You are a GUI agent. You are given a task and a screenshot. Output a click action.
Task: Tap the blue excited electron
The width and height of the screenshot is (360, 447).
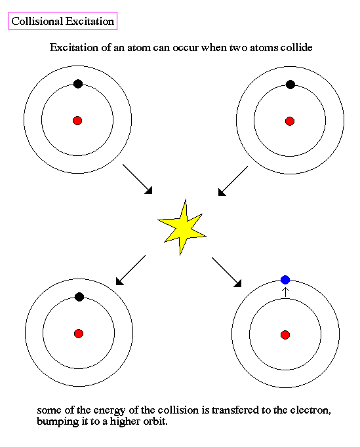(285, 280)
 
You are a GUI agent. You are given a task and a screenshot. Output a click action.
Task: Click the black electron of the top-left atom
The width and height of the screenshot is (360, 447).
(78, 84)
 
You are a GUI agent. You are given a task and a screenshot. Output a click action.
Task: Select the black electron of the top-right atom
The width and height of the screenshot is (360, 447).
(290, 85)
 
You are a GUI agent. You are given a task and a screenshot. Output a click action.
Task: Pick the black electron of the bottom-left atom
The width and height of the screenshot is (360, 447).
(79, 297)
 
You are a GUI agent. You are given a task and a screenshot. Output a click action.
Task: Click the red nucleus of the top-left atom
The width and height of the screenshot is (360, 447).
(77, 121)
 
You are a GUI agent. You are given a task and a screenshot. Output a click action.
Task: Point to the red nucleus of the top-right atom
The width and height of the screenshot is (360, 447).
(290, 121)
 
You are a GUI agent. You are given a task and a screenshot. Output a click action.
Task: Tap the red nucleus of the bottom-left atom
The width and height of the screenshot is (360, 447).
(79, 334)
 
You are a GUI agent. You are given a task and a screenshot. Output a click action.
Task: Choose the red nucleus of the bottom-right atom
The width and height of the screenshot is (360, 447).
(285, 335)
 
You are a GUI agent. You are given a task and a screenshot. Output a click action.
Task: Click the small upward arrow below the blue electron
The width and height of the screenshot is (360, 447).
(285, 292)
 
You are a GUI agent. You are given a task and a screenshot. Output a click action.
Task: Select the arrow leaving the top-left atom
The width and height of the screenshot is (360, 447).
(138, 179)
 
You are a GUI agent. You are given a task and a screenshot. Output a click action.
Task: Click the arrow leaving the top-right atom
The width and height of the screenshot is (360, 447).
(233, 181)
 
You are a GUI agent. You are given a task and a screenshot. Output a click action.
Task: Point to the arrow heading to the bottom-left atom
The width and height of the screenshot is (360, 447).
(130, 270)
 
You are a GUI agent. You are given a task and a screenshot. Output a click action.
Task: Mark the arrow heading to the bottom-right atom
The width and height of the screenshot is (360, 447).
(226, 272)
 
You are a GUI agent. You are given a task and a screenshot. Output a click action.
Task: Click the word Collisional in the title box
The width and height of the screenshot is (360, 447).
(37, 21)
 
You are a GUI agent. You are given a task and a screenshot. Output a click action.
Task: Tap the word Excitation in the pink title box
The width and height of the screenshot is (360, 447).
(90, 21)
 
